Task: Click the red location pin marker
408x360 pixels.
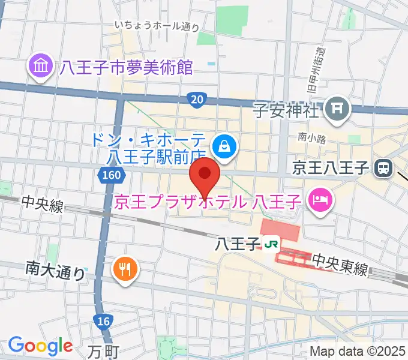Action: click(205, 175)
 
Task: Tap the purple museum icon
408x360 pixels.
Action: click(41, 67)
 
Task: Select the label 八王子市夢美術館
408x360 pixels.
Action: click(125, 67)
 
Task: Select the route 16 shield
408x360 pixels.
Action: click(104, 322)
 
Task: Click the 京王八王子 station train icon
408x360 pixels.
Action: click(382, 169)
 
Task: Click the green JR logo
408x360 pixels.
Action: click(269, 244)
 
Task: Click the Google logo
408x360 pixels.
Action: click(40, 346)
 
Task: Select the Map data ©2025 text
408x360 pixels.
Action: click(358, 352)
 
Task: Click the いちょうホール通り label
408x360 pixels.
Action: click(157, 26)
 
